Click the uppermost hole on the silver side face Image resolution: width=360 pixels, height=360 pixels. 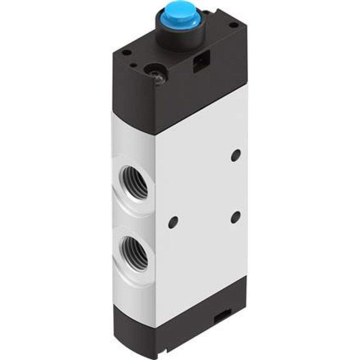pos(235,156)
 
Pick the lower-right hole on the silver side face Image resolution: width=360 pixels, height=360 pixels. pos(235,216)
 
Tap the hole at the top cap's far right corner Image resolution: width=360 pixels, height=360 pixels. pos(234,26)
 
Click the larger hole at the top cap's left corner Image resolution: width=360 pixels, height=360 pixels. pos(126,53)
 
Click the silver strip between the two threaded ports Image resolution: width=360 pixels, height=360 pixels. pos(133,220)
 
